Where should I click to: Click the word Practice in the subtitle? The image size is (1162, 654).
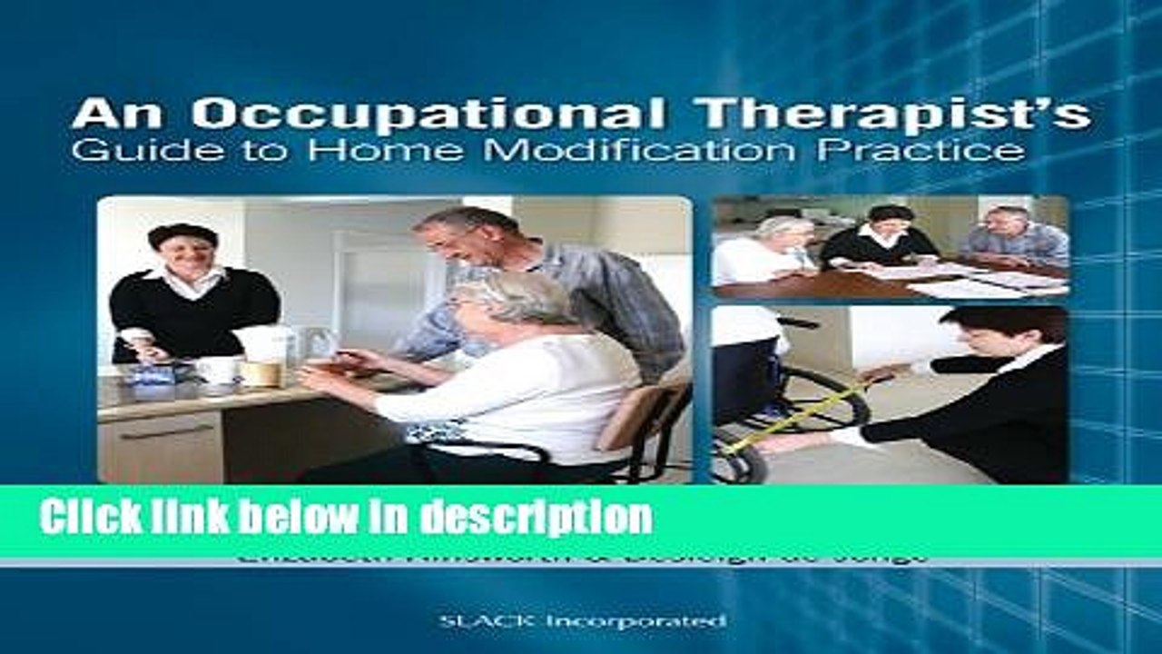[x=921, y=151]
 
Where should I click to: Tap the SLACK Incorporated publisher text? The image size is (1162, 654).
[x=581, y=621]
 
